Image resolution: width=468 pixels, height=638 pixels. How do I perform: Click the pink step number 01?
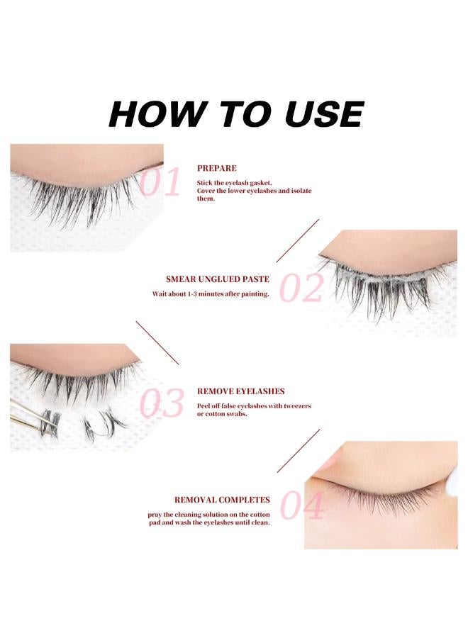pyautogui.click(x=160, y=183)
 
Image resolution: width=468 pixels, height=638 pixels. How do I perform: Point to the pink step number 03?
pyautogui.click(x=162, y=403)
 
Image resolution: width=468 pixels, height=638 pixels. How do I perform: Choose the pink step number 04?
pyautogui.click(x=302, y=507)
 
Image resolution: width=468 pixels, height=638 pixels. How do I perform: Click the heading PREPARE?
pyautogui.click(x=217, y=169)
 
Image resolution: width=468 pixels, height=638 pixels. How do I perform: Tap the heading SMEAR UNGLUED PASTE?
pyautogui.click(x=211, y=279)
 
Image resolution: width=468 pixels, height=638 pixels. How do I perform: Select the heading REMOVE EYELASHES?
pyautogui.click(x=241, y=391)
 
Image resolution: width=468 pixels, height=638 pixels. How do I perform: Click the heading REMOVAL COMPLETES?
pyautogui.click(x=222, y=500)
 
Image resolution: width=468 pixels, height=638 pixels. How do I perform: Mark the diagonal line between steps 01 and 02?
pyautogui.click(x=298, y=240)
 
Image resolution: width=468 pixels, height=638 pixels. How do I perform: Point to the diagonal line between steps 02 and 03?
pyautogui.click(x=157, y=343)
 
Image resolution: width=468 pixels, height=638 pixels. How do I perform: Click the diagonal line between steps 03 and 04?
pyautogui.click(x=298, y=450)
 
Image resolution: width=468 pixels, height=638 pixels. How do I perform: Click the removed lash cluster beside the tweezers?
pyautogui.click(x=99, y=424)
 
